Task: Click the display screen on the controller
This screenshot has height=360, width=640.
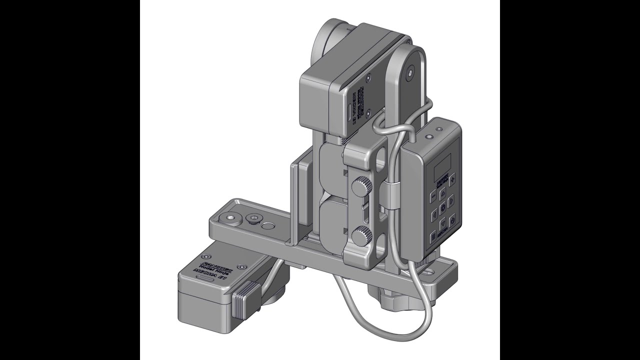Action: point(442,162)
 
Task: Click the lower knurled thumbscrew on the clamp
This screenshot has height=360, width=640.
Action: point(361,235)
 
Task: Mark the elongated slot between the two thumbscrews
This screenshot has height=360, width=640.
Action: point(364,212)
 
